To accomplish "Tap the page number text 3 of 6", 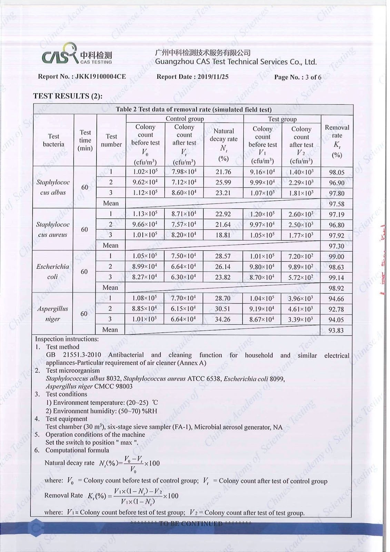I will coord(313,77).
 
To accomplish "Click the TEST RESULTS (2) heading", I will coord(68,96).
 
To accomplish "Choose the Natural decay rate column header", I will coord(223,144).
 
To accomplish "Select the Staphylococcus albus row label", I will coord(53,187).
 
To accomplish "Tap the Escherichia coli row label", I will coord(52,272).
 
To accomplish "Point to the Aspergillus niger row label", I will coord(52,314).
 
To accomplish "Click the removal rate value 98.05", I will coord(337,172).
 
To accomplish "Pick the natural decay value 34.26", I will coord(222,319).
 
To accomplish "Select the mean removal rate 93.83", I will coord(336,331).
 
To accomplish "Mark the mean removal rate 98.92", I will coord(336,288).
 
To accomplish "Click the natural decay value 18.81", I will coord(223,235).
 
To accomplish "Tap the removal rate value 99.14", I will coord(336,277).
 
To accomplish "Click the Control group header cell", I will coord(184,119).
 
